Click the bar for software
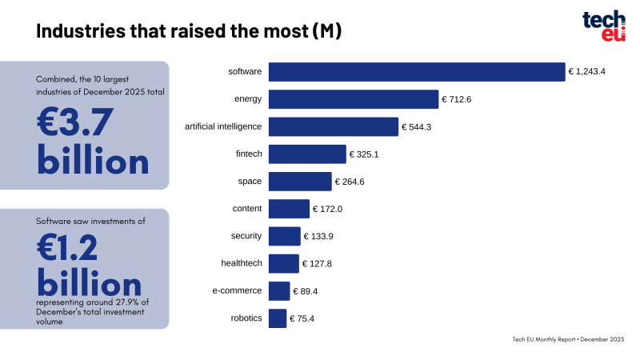(x=417, y=72)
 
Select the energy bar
(x=354, y=99)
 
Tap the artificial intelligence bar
(x=334, y=126)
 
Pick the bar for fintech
(x=307, y=154)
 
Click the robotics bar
(x=278, y=318)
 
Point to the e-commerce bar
(x=279, y=290)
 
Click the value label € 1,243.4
(x=586, y=72)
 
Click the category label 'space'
(x=250, y=182)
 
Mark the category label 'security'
(x=246, y=236)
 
